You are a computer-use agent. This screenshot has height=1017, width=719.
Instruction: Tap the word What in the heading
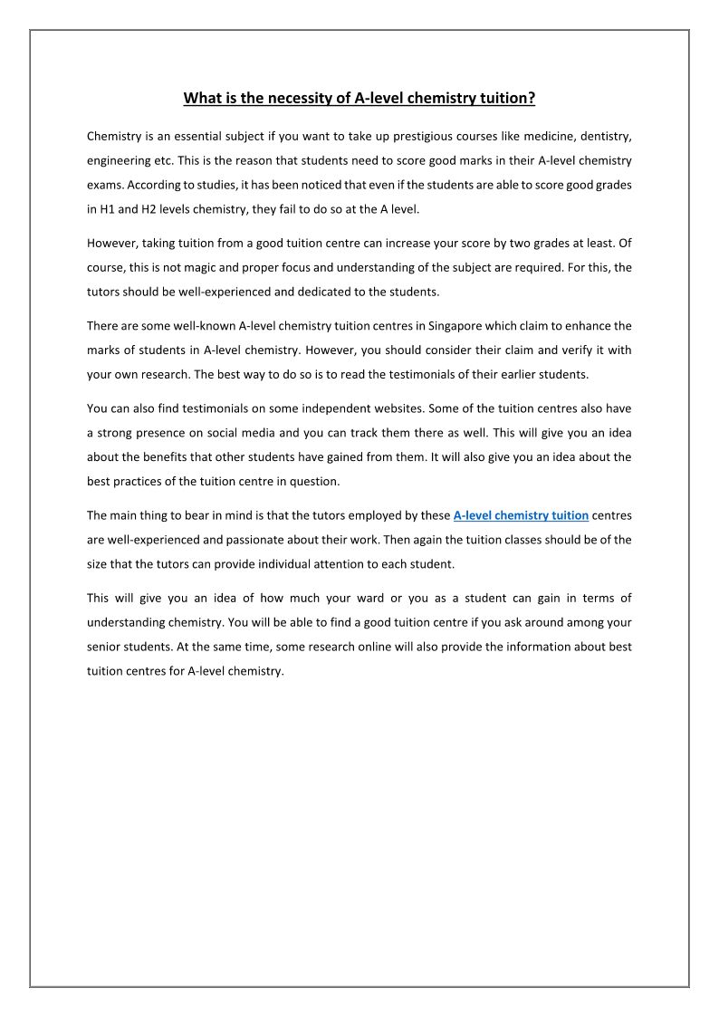pyautogui.click(x=202, y=99)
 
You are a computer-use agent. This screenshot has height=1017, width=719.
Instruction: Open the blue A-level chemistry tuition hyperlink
pyautogui.click(x=521, y=515)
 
